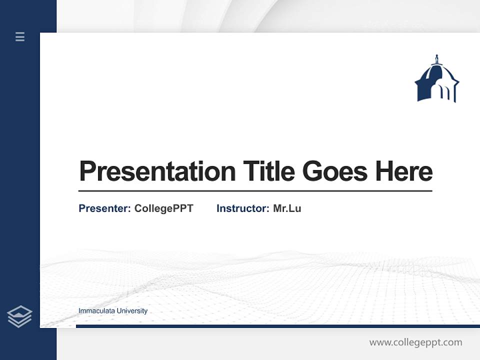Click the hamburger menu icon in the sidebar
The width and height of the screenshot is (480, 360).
click(20, 36)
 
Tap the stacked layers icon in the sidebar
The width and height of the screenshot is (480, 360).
click(19, 316)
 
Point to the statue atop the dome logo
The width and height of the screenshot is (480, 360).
click(436, 59)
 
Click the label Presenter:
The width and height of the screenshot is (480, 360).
click(104, 208)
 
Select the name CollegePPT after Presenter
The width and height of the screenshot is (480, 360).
click(163, 208)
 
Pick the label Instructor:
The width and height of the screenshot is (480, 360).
click(242, 208)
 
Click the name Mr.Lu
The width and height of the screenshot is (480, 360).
click(287, 208)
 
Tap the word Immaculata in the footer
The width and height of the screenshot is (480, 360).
click(96, 311)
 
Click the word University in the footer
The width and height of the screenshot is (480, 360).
click(131, 311)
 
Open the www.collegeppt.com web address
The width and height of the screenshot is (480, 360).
click(415, 342)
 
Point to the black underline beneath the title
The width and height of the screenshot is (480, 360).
click(255, 191)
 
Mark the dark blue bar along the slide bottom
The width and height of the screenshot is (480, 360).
click(277, 326)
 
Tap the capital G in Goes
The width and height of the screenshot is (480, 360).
click(313, 171)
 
